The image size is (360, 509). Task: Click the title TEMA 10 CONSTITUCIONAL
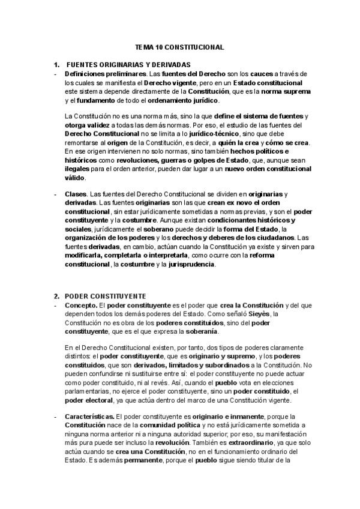pos(180,46)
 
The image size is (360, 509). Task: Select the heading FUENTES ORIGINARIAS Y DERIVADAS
pos(128,64)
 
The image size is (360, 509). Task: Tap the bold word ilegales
pos(79,170)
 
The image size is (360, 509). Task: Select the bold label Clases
pos(76,194)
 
